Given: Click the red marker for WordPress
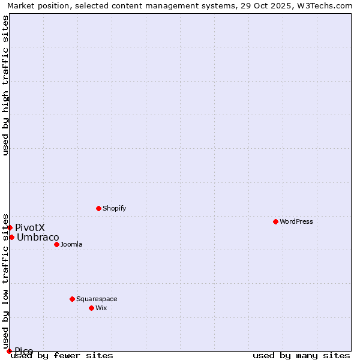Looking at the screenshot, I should coord(275,221).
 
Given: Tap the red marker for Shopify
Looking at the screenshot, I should coord(98,208).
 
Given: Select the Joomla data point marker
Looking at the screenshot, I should coord(56,244).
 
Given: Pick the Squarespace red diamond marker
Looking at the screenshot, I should coord(72,299).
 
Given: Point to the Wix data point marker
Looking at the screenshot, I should coord(91,308).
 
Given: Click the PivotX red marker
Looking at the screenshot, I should coord(10,227).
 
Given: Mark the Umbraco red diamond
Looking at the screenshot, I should coord(11,237).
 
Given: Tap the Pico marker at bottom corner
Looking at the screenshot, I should coord(9,351).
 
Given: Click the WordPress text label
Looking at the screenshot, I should coord(296,221).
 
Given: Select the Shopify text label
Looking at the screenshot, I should coord(114,208).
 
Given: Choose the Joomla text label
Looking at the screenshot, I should coord(71,244).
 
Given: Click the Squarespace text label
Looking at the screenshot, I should coord(97,299).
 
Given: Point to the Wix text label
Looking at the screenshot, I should coord(101,308).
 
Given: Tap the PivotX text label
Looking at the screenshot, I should coord(30,227).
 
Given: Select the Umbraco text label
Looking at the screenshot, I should coord(38,237).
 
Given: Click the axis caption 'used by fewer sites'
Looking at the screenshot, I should coord(62,355).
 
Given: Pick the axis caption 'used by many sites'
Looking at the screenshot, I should coord(301,355).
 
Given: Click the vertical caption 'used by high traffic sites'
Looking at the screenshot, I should coord(5,85).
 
